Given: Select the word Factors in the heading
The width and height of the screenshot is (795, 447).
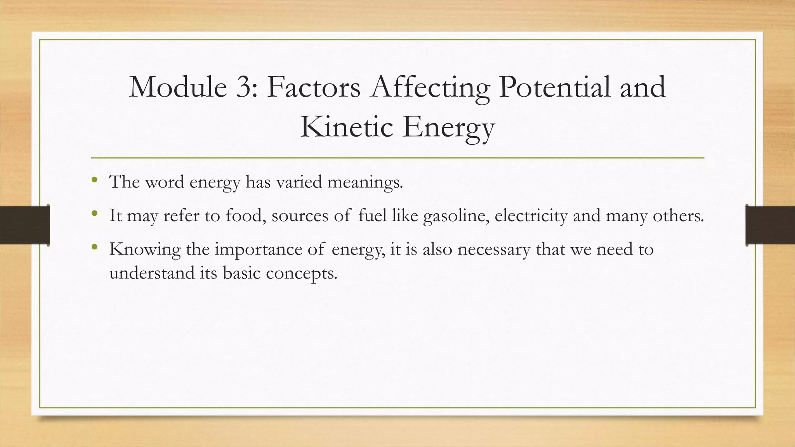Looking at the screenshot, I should pos(314,87).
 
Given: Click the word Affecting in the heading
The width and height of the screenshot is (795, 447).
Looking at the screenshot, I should pos(430,87).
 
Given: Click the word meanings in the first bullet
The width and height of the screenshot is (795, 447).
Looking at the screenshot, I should pos(365,182).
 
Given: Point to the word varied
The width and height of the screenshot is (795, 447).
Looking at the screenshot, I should pos(299,182).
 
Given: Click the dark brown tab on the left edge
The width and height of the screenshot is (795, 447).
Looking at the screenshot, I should pos(24,225).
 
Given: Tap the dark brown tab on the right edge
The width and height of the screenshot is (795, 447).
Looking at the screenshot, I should pos(770,225).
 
